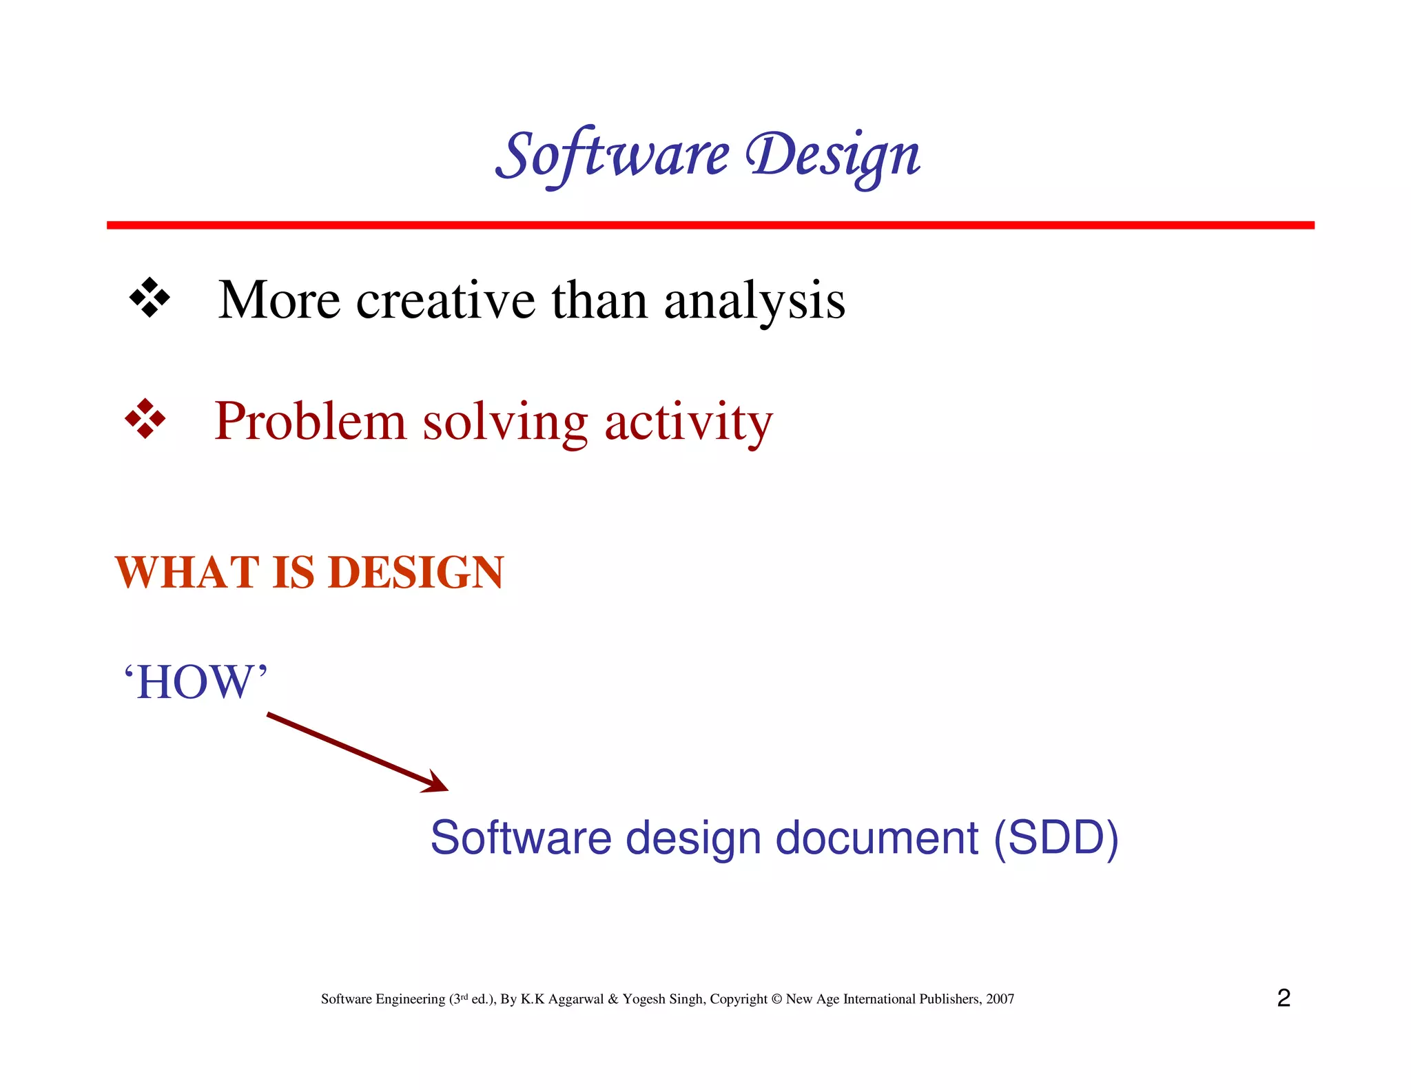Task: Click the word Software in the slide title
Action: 612,155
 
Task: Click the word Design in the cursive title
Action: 833,155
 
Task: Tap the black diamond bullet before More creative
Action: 150,298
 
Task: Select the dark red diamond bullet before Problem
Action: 145,418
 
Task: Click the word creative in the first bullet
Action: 445,300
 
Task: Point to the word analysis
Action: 754,302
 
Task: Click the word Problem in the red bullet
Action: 310,421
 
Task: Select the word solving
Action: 505,422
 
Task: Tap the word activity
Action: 688,422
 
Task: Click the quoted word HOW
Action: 196,682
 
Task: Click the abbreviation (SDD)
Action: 1055,838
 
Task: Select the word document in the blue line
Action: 876,838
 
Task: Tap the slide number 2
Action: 1283,998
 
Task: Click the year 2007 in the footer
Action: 1000,999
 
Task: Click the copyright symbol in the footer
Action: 776,999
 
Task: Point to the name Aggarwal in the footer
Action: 575,999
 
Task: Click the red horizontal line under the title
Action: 710,225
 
